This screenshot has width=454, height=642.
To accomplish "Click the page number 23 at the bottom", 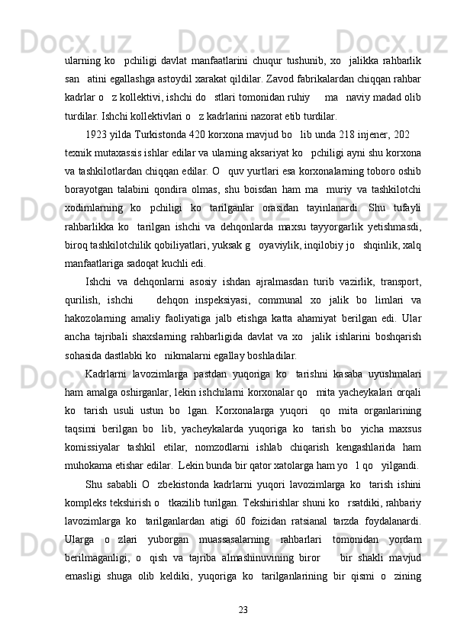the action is click(243, 608).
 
